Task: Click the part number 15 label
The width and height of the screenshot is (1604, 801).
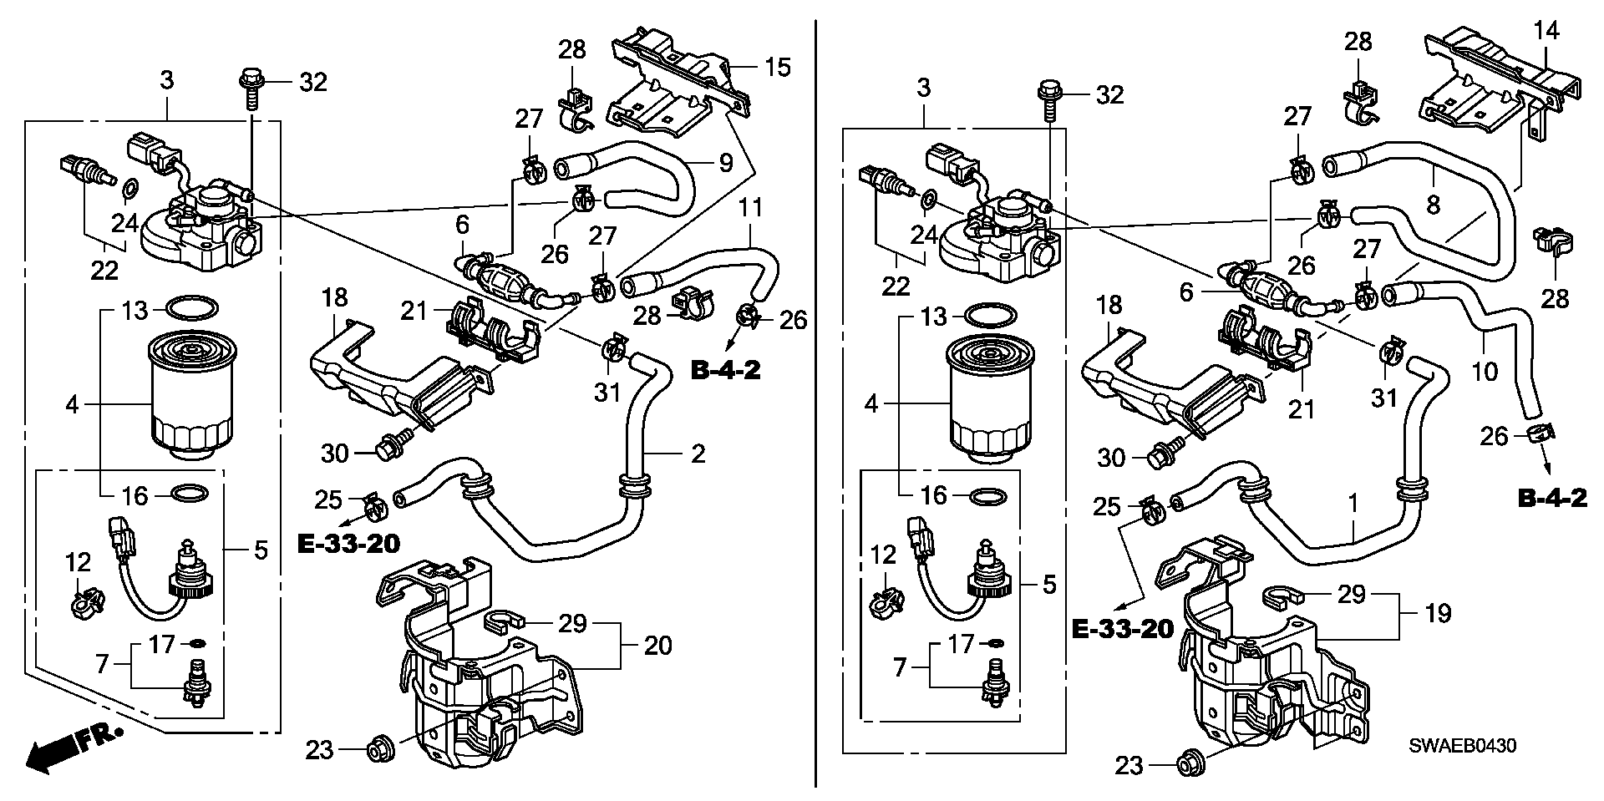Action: (778, 67)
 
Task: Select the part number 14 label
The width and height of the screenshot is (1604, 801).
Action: (1546, 32)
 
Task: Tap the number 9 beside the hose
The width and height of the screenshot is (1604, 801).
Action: (725, 162)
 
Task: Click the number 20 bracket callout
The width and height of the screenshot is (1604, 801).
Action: (658, 646)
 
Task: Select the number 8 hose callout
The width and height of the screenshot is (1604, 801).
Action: (1434, 205)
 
